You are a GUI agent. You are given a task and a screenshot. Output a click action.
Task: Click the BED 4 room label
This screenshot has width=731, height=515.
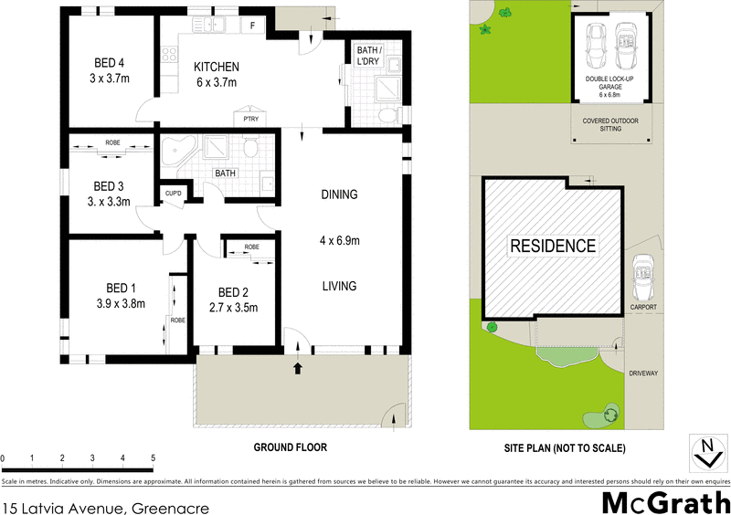(109, 63)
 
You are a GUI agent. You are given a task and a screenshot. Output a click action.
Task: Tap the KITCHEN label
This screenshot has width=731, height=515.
(217, 67)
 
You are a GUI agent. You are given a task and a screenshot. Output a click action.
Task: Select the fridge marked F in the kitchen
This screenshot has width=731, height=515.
(253, 26)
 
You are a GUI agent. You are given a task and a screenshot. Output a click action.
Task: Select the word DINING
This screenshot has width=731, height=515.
(339, 194)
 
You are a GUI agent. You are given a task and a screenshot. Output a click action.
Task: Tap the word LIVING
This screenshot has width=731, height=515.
(338, 286)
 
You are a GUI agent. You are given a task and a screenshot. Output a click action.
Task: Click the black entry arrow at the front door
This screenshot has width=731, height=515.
(297, 369)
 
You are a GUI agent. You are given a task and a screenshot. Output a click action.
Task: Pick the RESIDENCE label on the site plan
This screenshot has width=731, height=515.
(552, 246)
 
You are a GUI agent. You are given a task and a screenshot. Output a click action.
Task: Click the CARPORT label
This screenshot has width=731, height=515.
(644, 308)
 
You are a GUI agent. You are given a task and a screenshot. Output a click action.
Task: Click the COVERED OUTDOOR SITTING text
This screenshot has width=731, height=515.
(609, 125)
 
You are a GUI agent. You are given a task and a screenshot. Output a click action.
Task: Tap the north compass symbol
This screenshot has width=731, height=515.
(705, 452)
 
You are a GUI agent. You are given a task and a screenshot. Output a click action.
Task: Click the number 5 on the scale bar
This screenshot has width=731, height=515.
(153, 457)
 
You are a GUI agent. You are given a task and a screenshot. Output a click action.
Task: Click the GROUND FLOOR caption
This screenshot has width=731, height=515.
(290, 447)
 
